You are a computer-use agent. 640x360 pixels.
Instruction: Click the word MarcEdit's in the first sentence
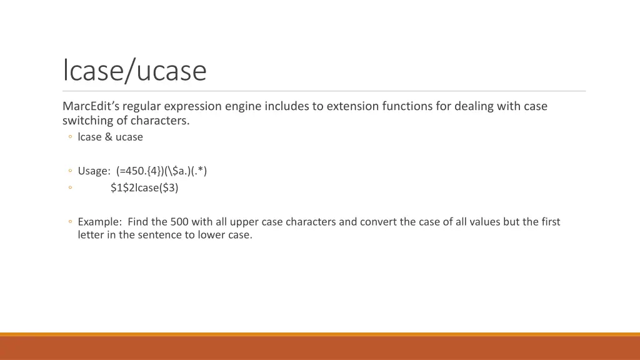point(91,106)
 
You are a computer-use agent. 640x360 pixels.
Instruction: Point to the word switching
point(86,121)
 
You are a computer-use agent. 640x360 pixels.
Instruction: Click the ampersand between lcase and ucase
point(109,137)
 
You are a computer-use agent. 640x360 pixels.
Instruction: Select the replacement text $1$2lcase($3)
point(144,187)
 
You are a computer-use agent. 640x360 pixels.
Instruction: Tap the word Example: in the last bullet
point(100,222)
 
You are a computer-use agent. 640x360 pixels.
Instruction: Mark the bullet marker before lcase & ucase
point(71,137)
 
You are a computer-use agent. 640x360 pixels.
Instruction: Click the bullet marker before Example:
point(71,222)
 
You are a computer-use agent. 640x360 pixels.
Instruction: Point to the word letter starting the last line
point(91,236)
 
